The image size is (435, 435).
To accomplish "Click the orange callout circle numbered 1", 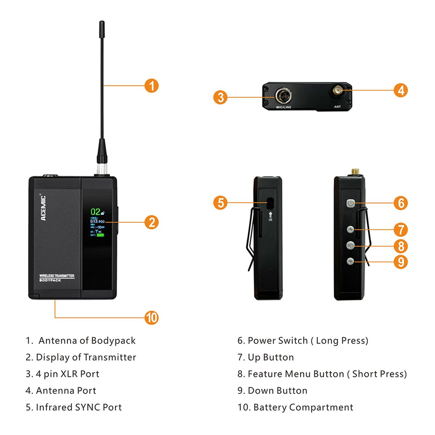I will pyautogui.click(x=152, y=86).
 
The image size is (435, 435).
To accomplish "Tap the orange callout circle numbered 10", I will pyautogui.click(x=152, y=318).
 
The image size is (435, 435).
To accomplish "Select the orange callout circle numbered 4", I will pyautogui.click(x=401, y=90).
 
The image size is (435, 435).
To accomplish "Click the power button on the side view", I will pyautogui.click(x=350, y=203).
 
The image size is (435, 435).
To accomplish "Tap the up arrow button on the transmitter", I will pyautogui.click(x=350, y=229).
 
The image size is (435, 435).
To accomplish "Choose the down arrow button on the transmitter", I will pyautogui.click(x=350, y=261).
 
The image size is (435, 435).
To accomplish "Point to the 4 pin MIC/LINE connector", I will pyautogui.click(x=283, y=96).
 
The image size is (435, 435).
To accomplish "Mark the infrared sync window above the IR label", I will pyautogui.click(x=270, y=203).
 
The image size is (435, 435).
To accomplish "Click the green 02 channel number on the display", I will pyautogui.click(x=95, y=212).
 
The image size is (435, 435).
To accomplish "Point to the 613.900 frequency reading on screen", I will pyautogui.click(x=97, y=221).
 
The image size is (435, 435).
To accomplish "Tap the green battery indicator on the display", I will pyautogui.click(x=100, y=235).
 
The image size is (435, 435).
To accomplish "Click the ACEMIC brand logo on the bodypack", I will pyautogui.click(x=43, y=208).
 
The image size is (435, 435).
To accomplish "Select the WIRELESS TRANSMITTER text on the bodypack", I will pyautogui.click(x=57, y=276).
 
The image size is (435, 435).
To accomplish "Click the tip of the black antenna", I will pyautogui.click(x=102, y=23).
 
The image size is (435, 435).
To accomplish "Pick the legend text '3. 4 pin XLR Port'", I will pyautogui.click(x=62, y=374).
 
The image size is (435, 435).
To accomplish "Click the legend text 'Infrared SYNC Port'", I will pyautogui.click(x=79, y=407).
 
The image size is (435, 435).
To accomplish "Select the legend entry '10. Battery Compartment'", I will pyautogui.click(x=295, y=407).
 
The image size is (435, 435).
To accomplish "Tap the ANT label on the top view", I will pyautogui.click(x=337, y=107).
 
